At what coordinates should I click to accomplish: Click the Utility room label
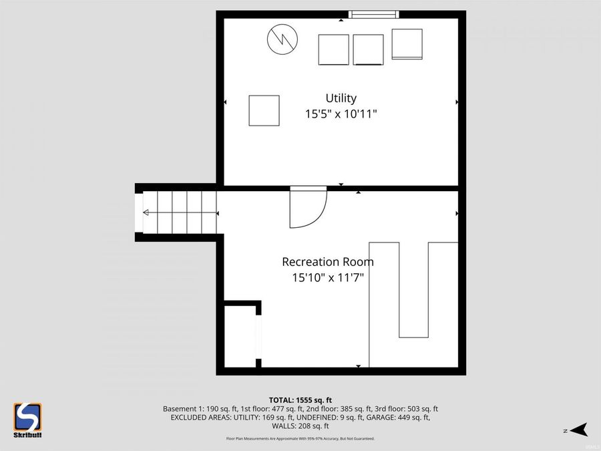click(341, 98)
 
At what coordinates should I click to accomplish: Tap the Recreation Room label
click(327, 262)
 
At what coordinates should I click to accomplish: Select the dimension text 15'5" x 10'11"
click(341, 114)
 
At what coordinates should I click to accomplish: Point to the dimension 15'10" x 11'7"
click(327, 277)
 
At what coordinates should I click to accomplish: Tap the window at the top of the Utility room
click(374, 15)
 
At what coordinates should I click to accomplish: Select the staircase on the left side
click(177, 212)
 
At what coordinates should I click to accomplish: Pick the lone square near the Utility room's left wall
click(264, 110)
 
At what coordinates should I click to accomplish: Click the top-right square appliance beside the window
click(407, 44)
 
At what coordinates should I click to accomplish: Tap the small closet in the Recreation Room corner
click(239, 336)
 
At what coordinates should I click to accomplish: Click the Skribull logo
click(28, 420)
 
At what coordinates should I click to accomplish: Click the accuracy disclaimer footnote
click(300, 439)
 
